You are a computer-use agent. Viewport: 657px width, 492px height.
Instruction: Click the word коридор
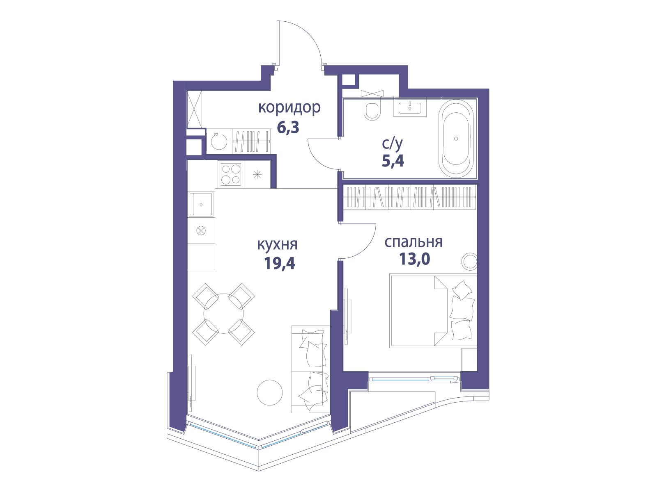click(289, 108)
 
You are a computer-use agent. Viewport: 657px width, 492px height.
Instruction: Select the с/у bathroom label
click(393, 144)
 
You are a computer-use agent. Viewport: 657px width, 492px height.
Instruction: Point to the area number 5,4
click(393, 161)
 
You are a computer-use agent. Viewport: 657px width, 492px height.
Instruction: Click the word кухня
click(278, 244)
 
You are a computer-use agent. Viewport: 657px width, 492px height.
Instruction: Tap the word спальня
click(413, 242)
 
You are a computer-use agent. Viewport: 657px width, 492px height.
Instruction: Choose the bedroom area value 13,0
click(414, 259)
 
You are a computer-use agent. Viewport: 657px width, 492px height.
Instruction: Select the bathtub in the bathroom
click(456, 139)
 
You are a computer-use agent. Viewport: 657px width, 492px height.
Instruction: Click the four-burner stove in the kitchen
click(231, 175)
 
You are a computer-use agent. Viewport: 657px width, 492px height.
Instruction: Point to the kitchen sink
click(201, 204)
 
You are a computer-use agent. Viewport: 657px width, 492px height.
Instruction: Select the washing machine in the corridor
click(219, 141)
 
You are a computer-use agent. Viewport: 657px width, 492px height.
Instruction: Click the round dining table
click(224, 314)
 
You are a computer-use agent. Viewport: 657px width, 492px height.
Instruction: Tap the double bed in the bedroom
click(433, 311)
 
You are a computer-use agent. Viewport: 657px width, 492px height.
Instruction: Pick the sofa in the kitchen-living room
click(311, 369)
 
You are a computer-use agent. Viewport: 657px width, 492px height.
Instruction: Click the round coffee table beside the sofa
click(270, 392)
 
